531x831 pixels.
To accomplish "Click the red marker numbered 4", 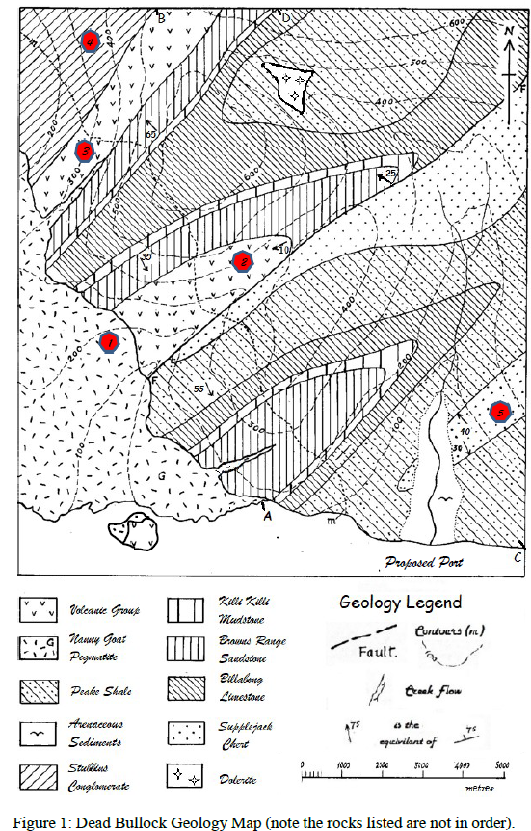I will (x=91, y=41).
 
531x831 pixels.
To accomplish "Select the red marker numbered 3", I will (x=85, y=151).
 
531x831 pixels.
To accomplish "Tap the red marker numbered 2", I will (x=243, y=260).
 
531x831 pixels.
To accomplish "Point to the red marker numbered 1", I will (x=109, y=342).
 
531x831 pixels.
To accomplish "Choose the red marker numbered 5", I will (x=499, y=413).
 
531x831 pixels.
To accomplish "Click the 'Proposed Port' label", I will (x=424, y=562).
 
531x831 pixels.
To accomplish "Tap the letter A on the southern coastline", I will (x=266, y=515).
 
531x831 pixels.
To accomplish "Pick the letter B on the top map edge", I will (x=161, y=17).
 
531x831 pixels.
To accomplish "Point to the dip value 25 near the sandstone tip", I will (x=389, y=173).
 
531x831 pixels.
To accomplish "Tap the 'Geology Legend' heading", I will (x=401, y=603).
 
